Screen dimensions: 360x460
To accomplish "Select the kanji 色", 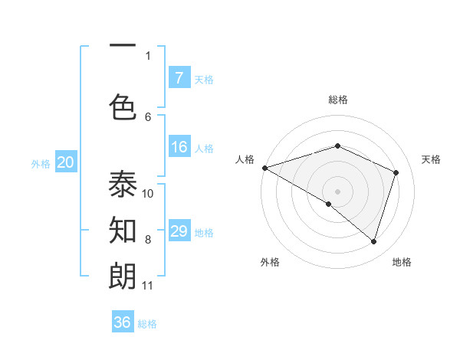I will point(123,106).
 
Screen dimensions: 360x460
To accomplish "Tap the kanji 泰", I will point(123,185).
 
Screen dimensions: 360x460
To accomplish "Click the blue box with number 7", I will point(179,78).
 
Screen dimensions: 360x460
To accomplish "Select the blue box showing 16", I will point(179,148).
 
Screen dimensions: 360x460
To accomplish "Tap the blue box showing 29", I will point(179,231).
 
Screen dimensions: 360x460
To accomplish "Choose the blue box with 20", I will point(65,162).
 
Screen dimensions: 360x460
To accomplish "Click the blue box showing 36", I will point(123,322).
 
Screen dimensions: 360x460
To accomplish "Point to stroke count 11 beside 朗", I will point(148,286).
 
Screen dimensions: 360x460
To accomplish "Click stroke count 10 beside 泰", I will point(149,193).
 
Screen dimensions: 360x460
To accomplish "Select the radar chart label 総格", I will point(337,100).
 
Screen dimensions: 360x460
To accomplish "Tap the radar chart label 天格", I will point(431,159).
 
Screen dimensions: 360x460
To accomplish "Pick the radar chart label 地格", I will point(402,262).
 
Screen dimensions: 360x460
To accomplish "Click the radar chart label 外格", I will point(270,262).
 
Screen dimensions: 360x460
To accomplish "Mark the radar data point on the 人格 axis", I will point(264,168).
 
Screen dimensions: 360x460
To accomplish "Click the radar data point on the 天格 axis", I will point(396,172).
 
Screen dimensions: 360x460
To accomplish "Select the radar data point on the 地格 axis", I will point(374,242).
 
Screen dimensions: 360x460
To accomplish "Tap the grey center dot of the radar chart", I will point(337,191).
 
